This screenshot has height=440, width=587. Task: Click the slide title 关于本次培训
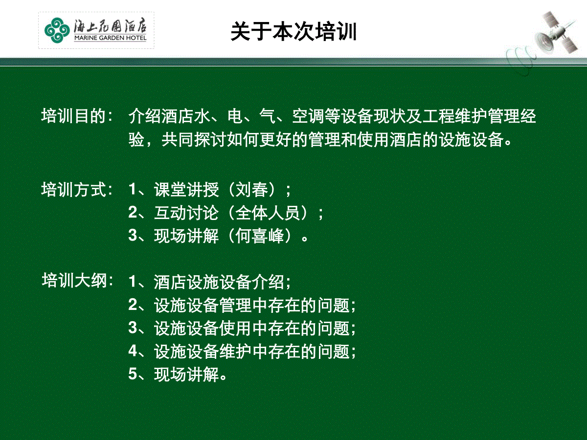[293, 31]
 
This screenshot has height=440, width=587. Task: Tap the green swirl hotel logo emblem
[57, 30]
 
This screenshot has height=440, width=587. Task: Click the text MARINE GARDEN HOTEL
[110, 38]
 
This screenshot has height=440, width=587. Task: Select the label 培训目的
[73, 116]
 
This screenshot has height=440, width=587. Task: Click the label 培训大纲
[74, 281]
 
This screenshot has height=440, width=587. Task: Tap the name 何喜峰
[259, 236]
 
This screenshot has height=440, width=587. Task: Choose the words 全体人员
[268, 213]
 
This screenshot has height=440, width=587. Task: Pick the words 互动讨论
[186, 213]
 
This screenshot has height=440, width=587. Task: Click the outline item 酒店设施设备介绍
[219, 282]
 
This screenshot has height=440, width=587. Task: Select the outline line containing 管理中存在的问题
[242, 305]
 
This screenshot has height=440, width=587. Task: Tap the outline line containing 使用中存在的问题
[242, 328]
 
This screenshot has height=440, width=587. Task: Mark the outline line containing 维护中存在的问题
[242, 351]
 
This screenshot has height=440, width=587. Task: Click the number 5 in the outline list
[133, 374]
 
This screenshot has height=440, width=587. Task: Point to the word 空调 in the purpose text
[308, 116]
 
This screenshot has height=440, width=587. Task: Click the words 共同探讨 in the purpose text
[194, 139]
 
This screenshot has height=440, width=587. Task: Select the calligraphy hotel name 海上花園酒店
[110, 26]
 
